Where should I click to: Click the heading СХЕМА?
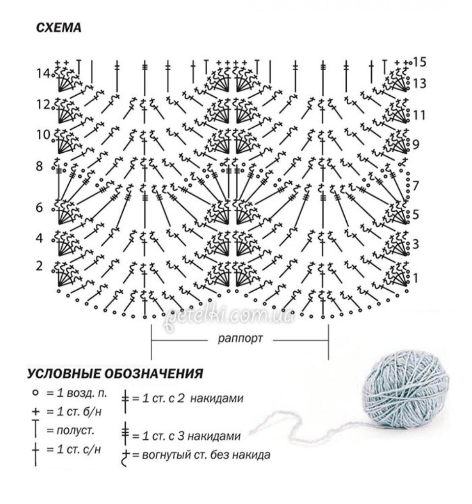59,28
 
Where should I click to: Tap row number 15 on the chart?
419,62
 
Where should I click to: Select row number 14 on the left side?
43,74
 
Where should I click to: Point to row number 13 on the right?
419,84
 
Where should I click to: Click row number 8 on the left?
39,166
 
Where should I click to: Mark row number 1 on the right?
416,279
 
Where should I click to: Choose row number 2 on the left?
39,266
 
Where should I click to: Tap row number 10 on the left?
43,135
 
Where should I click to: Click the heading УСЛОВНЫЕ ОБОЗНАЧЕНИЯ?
115,374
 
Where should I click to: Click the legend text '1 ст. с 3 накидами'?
187,436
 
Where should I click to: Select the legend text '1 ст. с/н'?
74,449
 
